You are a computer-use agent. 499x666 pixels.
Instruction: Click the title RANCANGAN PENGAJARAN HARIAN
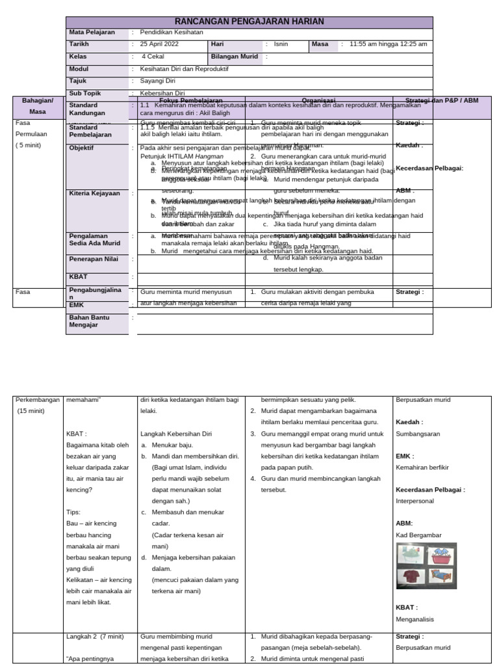click(x=249, y=22)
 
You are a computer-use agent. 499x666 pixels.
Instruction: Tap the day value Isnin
click(x=282, y=44)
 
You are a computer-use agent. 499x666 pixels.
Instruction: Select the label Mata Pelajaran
click(x=92, y=32)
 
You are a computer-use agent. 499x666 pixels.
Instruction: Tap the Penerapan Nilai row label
click(x=95, y=259)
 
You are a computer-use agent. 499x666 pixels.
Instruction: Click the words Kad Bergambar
click(x=418, y=535)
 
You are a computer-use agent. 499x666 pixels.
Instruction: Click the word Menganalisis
click(x=415, y=619)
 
